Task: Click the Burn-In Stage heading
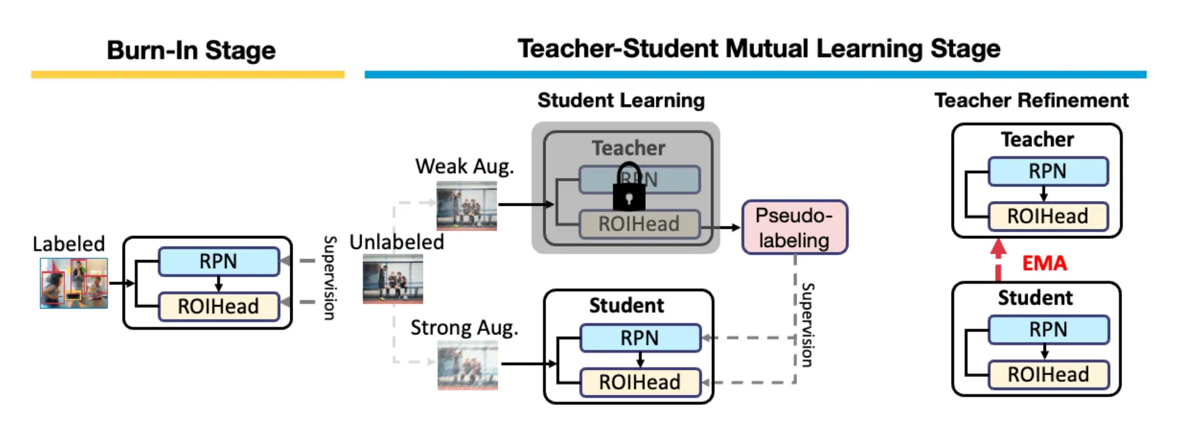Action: pos(190,50)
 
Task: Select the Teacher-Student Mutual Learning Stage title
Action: pos(759,49)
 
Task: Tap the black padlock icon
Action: pos(629,188)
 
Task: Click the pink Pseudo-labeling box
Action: pos(794,228)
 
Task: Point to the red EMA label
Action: pos(1044,263)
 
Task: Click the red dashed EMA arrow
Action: pos(999,259)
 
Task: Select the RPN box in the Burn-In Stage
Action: pos(218,261)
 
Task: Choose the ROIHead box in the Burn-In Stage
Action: pos(218,306)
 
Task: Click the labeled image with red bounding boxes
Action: pos(74,283)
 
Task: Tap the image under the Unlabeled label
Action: pos(393,279)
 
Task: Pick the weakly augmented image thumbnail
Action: pos(467,205)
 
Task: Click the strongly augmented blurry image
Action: pos(467,365)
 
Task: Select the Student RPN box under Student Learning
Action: pos(639,338)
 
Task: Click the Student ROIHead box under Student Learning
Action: pos(639,382)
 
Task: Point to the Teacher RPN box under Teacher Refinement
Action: pos(1047,171)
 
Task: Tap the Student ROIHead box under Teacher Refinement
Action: pos(1047,374)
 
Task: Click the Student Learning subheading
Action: pos(621,101)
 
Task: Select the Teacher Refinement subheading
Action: pos(1031,101)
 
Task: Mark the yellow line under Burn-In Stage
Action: pos(188,75)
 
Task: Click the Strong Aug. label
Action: pos(464,327)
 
